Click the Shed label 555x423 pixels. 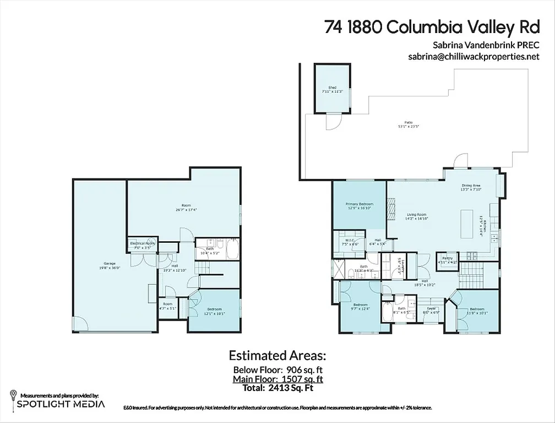pyautogui.click(x=332, y=88)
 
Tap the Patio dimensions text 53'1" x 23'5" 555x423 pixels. pyautogui.click(x=408, y=126)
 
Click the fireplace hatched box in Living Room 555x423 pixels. pyautogui.click(x=391, y=210)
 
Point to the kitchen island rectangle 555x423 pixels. pyautogui.click(x=467, y=223)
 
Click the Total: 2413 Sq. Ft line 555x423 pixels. pyautogui.click(x=277, y=388)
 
